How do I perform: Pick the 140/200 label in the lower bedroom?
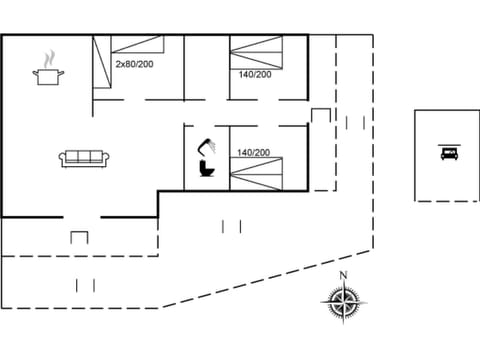coord(253,152)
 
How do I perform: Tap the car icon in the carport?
coord(447,154)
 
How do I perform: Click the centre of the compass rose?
coord(343,300)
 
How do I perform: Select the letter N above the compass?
coord(343,275)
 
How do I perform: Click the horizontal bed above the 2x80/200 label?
coord(137,44)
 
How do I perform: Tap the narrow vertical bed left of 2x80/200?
coord(101,65)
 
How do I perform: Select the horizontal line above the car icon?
coord(447,143)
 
